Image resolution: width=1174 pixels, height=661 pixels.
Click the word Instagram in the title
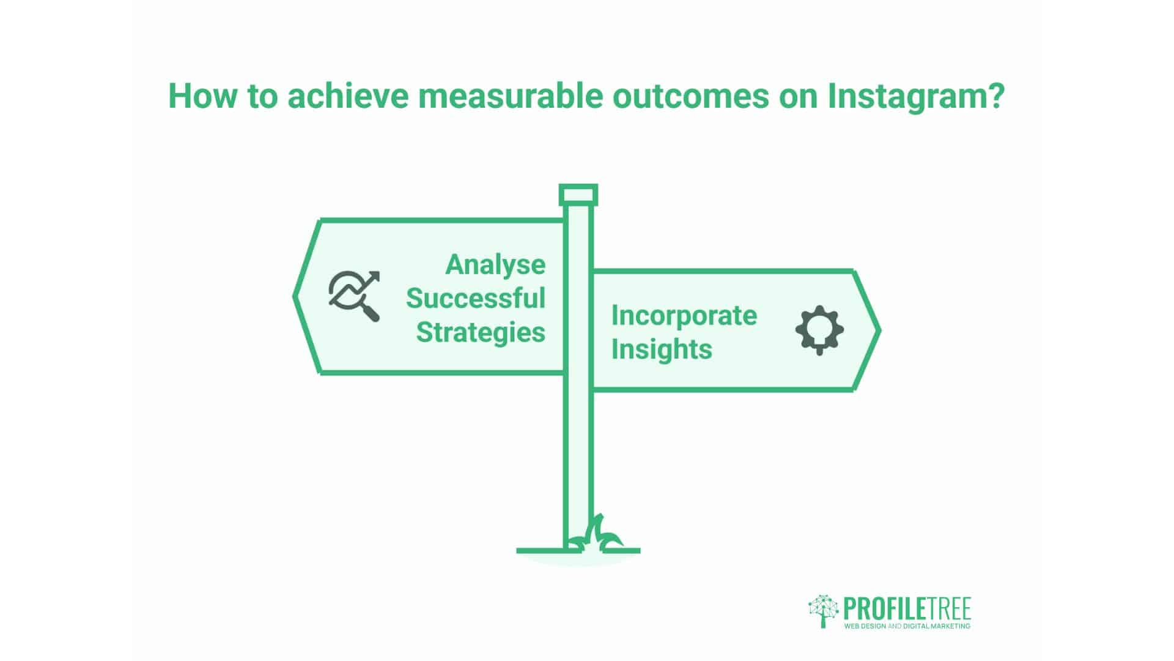(915, 97)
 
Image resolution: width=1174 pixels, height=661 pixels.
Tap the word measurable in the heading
(510, 97)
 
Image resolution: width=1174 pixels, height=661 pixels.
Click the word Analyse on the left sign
(495, 264)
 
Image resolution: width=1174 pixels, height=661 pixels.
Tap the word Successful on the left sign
(476, 298)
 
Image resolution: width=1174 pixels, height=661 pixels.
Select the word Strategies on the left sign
(481, 332)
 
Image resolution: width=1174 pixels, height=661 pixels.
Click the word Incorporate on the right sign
(684, 315)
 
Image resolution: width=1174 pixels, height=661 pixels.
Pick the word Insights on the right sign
(662, 349)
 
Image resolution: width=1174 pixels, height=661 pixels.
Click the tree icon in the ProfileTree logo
(824, 610)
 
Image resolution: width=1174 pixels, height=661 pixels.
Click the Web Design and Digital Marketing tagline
(907, 626)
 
